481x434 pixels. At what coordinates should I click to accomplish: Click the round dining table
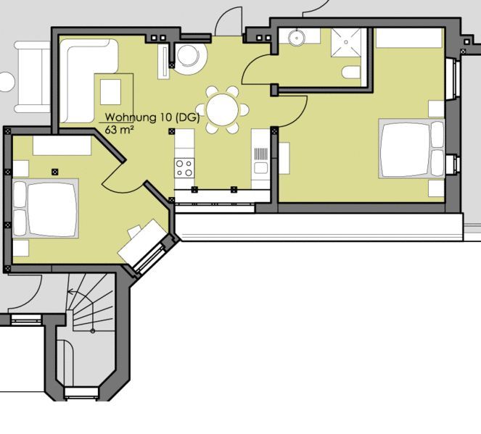coord(223,109)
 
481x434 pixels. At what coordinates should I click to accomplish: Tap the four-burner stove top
coord(184,168)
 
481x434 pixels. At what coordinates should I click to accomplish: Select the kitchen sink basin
coord(260,168)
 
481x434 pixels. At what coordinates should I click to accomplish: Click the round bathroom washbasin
coord(296,37)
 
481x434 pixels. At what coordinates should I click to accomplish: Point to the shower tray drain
coord(346,42)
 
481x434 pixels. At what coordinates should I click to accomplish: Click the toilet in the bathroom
coord(351,72)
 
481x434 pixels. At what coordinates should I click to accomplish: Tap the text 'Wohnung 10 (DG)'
coord(152,117)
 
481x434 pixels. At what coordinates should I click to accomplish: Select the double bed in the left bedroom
coord(46,208)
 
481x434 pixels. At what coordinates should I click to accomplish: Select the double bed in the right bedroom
coord(411,149)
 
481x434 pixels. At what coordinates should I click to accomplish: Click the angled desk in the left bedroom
coord(141,242)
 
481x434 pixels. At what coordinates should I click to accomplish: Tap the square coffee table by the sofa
coord(110,92)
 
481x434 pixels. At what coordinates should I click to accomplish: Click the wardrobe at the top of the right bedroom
coord(409,38)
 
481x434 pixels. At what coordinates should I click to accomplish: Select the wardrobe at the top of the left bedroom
coord(62,146)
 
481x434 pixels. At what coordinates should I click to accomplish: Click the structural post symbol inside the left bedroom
coord(55,172)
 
